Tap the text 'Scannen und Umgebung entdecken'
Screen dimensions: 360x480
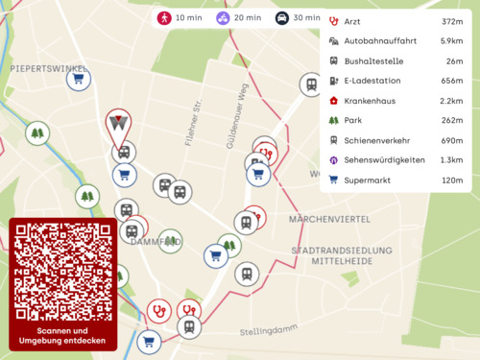pyautogui.click(x=62, y=335)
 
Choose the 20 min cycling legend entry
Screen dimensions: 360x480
pyautogui.click(x=238, y=18)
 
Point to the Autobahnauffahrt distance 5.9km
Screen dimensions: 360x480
pyautogui.click(x=451, y=41)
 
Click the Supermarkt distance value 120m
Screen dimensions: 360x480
pyautogui.click(x=452, y=180)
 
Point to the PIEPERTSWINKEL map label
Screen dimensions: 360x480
pyautogui.click(x=42, y=69)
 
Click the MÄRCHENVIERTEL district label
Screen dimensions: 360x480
pyautogui.click(x=329, y=220)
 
